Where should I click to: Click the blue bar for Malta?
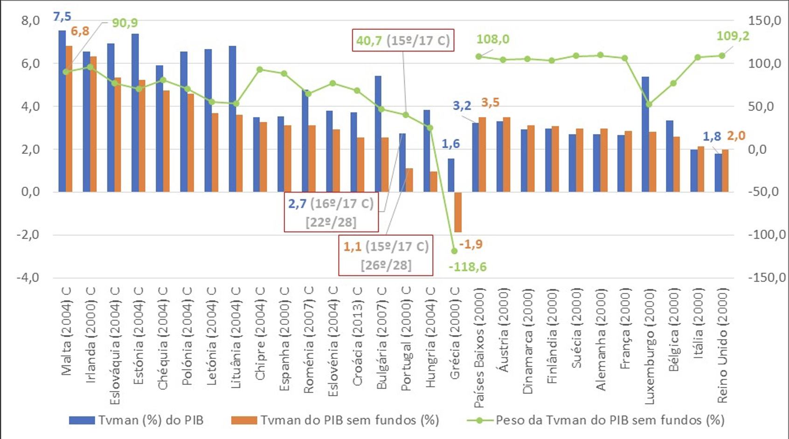pos(62,111)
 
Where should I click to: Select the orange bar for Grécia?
pos(458,212)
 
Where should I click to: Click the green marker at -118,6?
pos(455,251)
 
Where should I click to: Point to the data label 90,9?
pos(125,23)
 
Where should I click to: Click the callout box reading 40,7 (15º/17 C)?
pos(403,41)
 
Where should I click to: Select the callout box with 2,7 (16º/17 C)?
pos(331,212)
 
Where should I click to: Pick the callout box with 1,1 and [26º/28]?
pos(386,255)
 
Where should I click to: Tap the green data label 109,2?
pos(733,36)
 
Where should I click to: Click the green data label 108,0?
pos(492,39)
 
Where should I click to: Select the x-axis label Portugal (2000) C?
pos(406,338)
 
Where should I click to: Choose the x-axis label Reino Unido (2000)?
pos(722,345)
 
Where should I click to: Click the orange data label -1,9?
pos(471,244)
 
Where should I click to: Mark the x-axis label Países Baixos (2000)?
pos(479,348)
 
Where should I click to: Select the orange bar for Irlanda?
pos(93,124)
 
